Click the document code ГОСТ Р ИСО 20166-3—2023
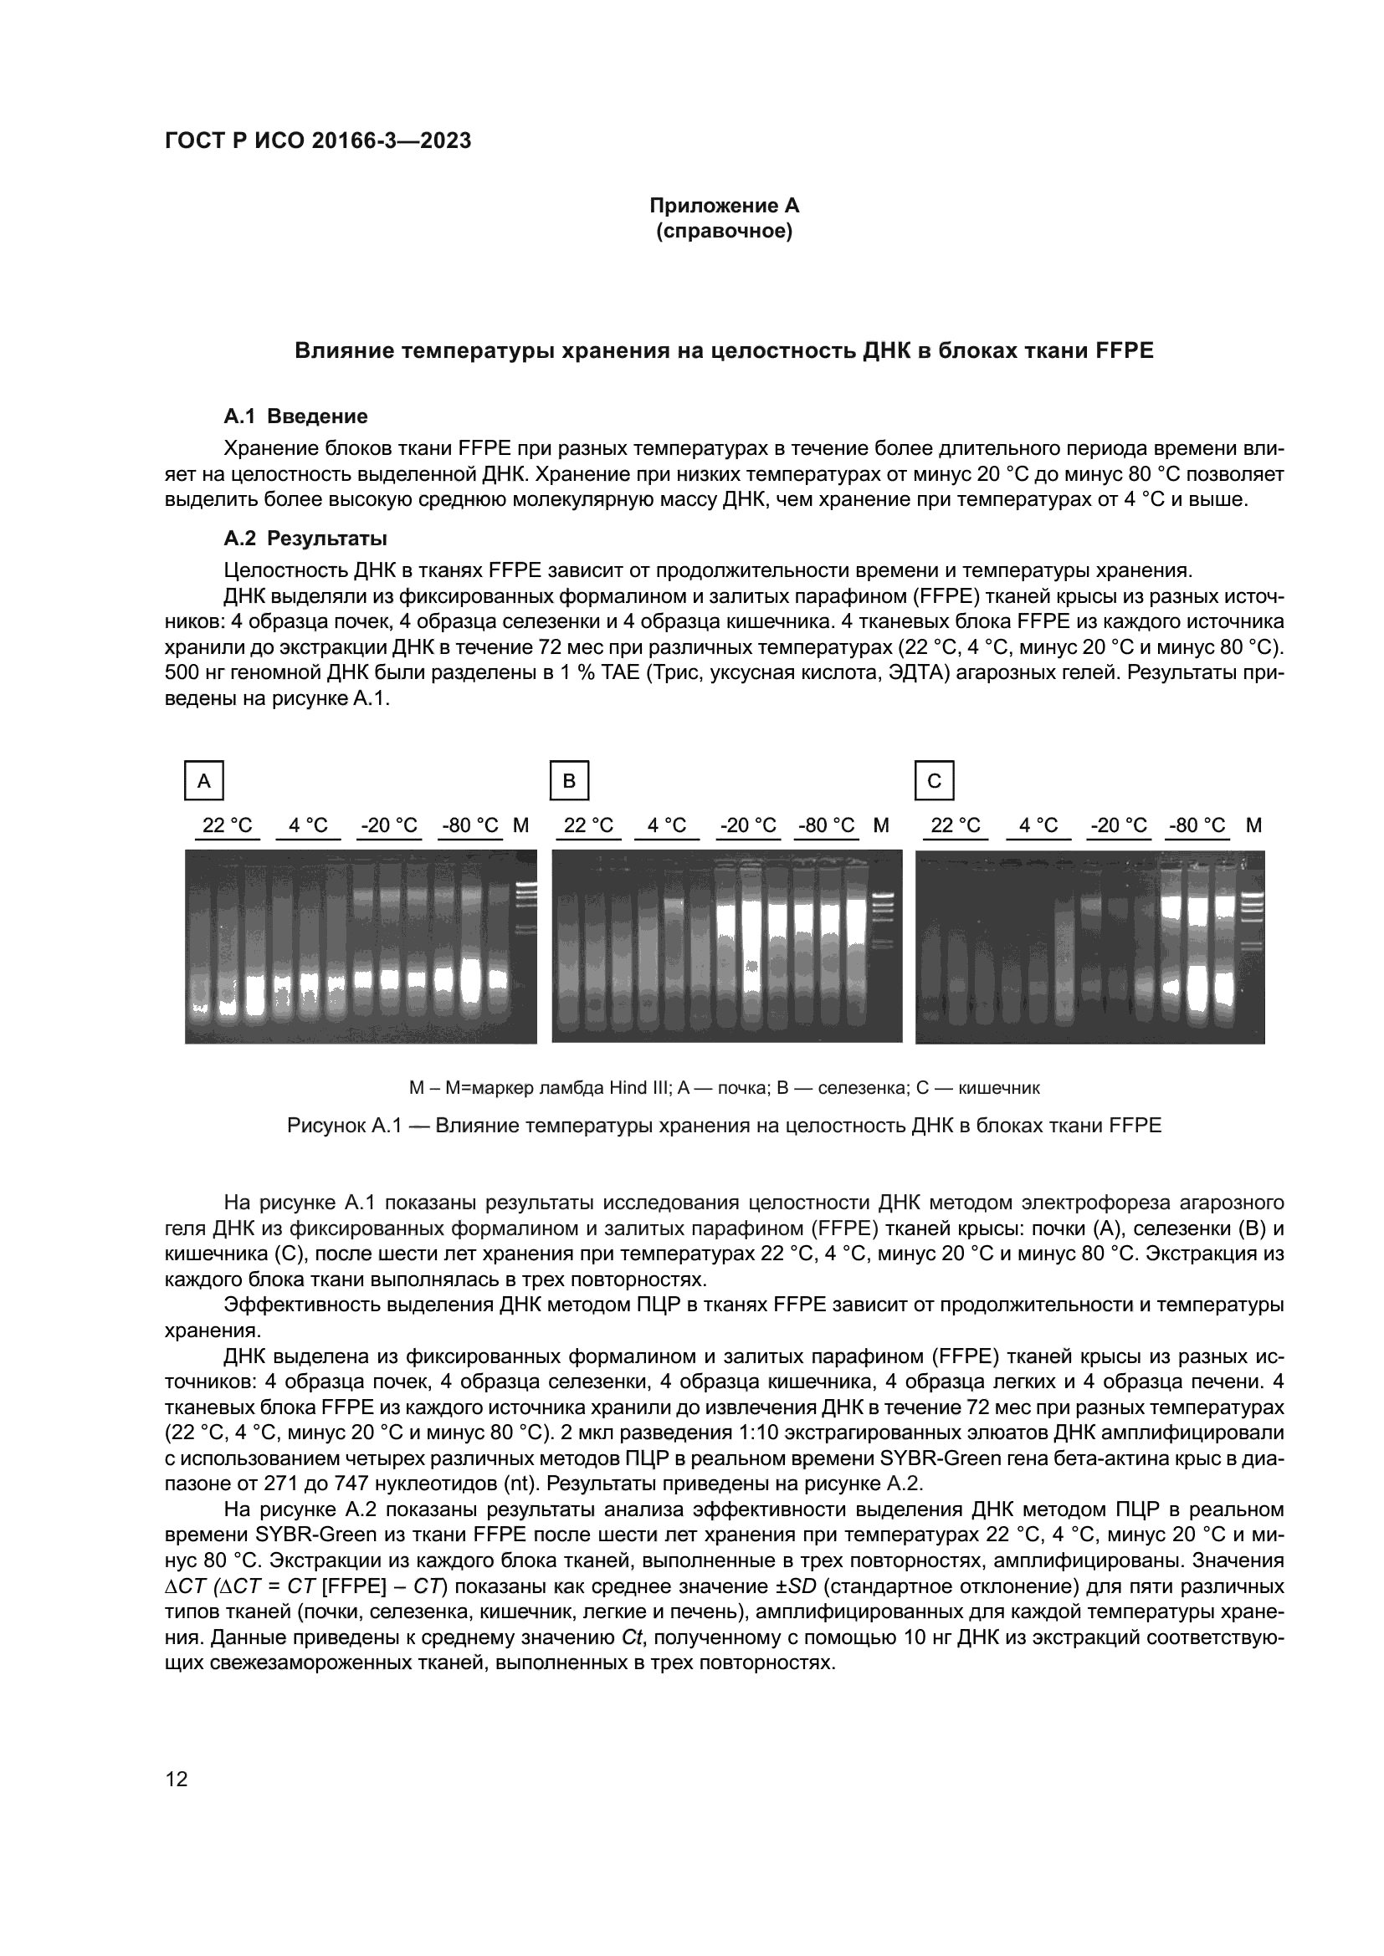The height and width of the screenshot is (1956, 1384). [317, 141]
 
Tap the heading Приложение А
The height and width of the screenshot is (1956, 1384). [724, 206]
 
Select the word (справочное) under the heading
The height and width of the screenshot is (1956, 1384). [724, 231]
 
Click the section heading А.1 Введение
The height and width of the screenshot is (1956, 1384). [295, 416]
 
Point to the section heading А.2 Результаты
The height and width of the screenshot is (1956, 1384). [305, 539]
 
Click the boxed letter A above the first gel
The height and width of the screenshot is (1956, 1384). [203, 780]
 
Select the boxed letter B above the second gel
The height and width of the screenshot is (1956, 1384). [569, 780]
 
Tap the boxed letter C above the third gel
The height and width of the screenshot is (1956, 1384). [934, 780]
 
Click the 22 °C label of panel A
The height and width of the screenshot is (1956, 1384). [227, 825]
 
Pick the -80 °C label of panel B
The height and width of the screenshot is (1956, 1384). [826, 825]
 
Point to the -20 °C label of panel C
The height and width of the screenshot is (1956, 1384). [1118, 825]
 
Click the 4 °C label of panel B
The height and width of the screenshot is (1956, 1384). [666, 825]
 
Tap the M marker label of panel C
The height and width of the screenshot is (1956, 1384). [1253, 825]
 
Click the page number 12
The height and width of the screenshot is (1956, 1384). [177, 1780]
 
